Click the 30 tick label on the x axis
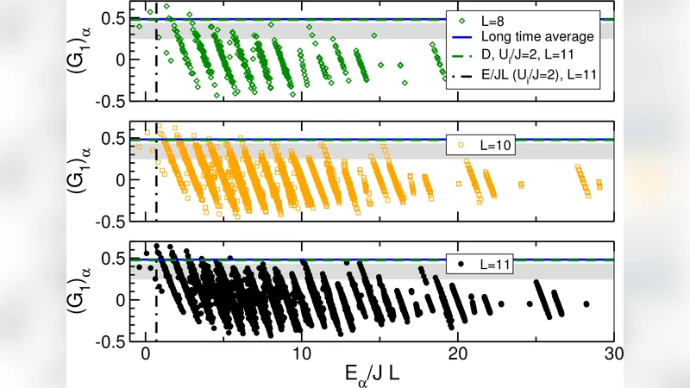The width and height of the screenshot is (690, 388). (x=613, y=354)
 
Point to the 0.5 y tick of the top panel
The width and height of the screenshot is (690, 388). (x=116, y=19)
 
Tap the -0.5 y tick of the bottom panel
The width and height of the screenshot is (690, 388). (x=112, y=341)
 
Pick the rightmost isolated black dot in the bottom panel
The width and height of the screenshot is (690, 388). (x=586, y=304)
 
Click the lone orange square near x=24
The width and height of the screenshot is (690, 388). (x=520, y=184)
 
